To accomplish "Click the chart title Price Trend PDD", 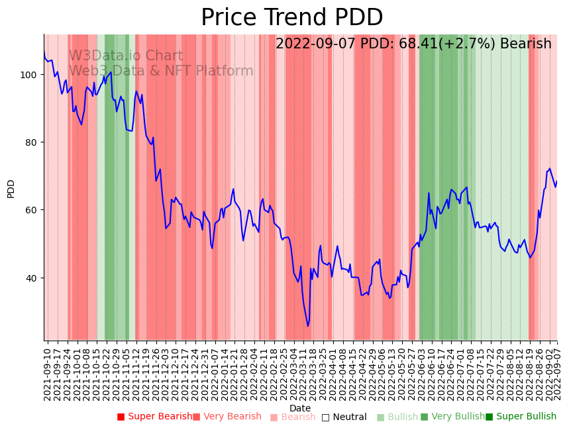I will point(291,18).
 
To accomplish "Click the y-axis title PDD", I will point(11,188).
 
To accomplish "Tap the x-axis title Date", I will point(300,408).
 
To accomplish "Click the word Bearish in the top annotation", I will point(527,44).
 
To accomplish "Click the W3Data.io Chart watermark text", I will point(126,56).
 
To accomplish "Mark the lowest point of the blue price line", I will point(307,326).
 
